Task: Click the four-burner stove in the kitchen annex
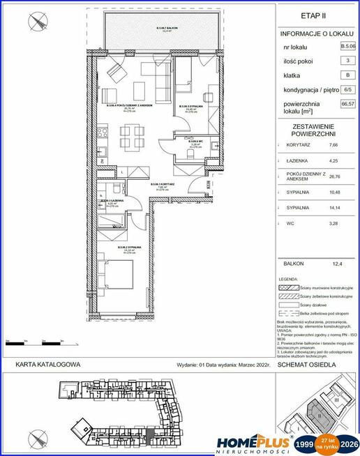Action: [102, 130]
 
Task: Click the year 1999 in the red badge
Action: [306, 443]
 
